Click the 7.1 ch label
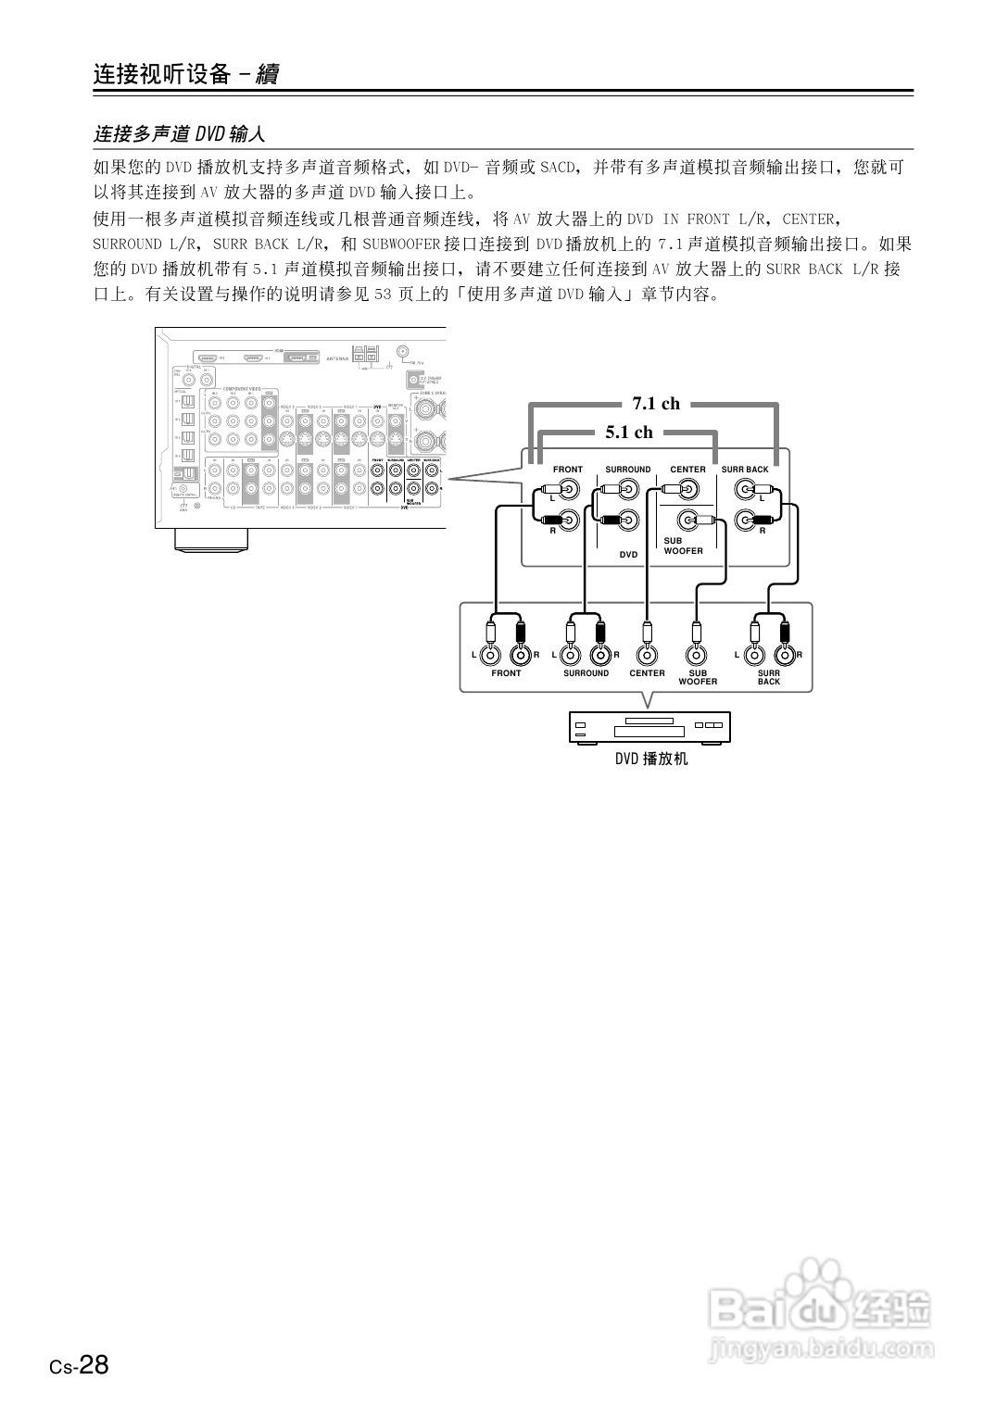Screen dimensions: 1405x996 [x=656, y=403]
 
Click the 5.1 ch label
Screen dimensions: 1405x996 [x=629, y=432]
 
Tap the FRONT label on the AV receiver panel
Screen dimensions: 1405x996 [x=568, y=470]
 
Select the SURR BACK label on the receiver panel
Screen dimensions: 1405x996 [x=745, y=470]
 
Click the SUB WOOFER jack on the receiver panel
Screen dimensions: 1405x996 [x=688, y=520]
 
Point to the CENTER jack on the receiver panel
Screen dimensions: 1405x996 [x=688, y=490]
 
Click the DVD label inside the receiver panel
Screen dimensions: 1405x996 [x=629, y=554]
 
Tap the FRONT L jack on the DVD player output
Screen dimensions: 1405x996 [x=491, y=655]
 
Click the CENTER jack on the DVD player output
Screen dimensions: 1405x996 [x=647, y=655]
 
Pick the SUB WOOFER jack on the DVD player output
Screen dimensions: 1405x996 [x=697, y=655]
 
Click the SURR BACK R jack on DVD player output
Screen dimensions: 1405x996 [x=785, y=655]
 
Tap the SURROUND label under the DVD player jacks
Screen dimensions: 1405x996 [x=586, y=673]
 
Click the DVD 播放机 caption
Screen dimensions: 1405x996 [x=651, y=759]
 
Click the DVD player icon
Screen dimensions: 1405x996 [x=649, y=728]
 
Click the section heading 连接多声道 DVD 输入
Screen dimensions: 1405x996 [x=180, y=134]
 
